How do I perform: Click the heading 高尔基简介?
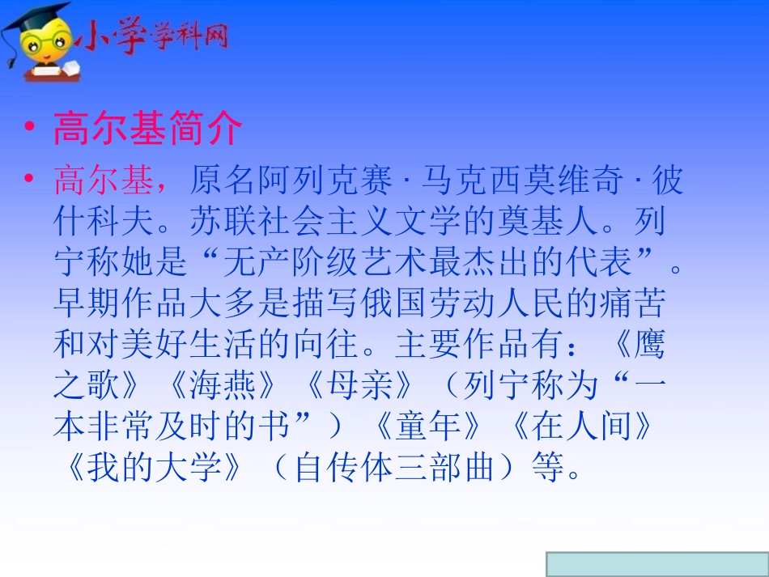point(147,129)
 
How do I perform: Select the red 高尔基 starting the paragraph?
point(103,182)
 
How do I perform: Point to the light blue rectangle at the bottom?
point(656,564)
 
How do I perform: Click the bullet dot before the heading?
point(31,129)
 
